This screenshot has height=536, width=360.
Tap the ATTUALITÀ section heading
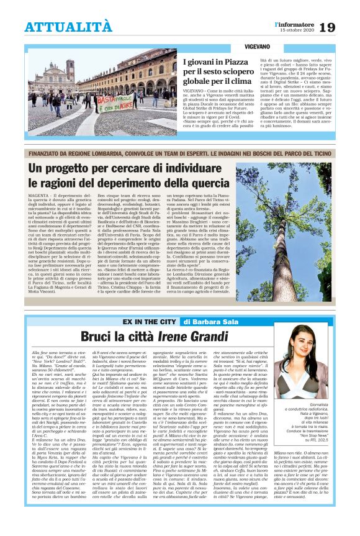(x=68, y=27)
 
